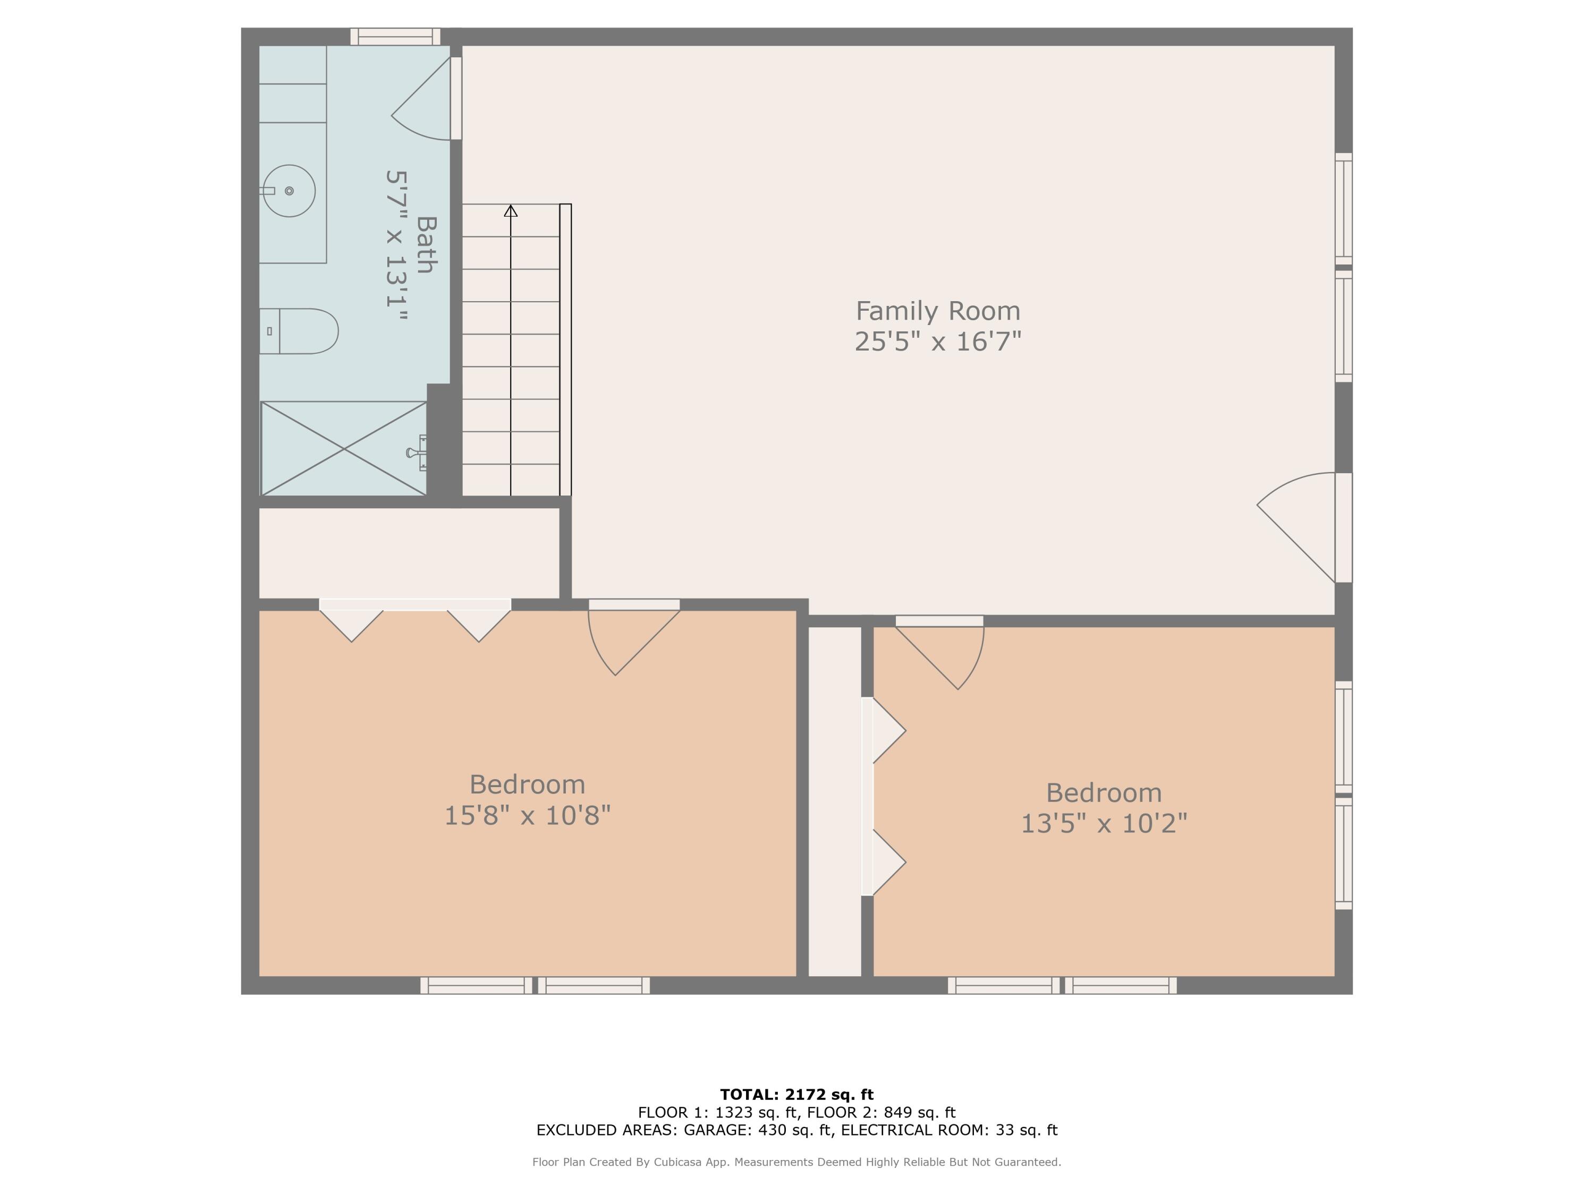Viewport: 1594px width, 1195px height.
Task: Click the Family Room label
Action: point(937,311)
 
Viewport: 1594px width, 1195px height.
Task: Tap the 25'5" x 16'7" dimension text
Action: point(937,342)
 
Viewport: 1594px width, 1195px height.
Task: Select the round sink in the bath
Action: point(289,191)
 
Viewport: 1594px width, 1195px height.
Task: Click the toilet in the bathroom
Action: point(303,331)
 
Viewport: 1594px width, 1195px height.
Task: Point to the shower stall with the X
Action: point(344,449)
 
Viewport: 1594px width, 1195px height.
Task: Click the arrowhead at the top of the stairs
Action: point(511,210)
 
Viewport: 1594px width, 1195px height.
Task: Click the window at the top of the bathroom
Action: point(395,37)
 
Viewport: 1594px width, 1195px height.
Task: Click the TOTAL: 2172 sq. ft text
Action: point(796,1095)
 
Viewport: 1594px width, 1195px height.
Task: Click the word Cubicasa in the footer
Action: point(680,1162)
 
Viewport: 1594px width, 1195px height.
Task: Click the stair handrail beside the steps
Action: point(566,349)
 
